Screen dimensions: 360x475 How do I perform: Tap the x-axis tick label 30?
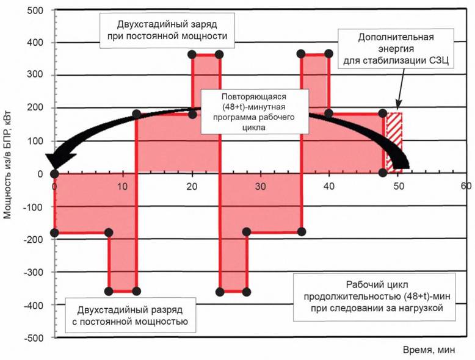260,185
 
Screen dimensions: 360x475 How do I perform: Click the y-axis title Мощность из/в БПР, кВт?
9,173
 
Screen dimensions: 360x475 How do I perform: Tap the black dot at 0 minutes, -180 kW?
54,232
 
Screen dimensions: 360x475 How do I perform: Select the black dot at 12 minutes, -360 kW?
136,291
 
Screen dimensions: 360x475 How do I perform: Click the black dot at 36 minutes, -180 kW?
301,232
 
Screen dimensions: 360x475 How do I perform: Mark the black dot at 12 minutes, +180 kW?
136,114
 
